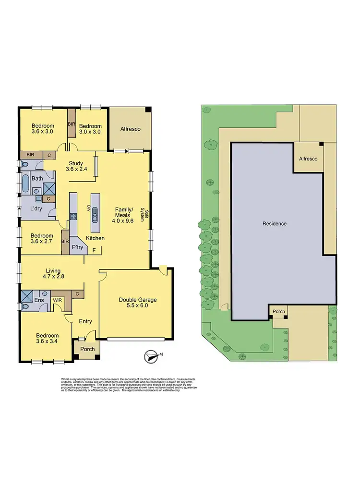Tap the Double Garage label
pos(138,303)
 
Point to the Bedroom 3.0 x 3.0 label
pos(89,129)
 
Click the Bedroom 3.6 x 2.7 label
pos(42,239)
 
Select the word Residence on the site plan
pos(275,223)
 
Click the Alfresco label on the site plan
pos(308,158)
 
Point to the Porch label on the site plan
pos(278,311)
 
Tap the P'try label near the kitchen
pos(77,247)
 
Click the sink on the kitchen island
pos(95,212)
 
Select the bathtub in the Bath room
pos(24,183)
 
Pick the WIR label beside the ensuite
pos(57,300)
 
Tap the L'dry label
pos(37,209)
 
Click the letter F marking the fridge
pos(94,250)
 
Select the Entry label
pos(85,321)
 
